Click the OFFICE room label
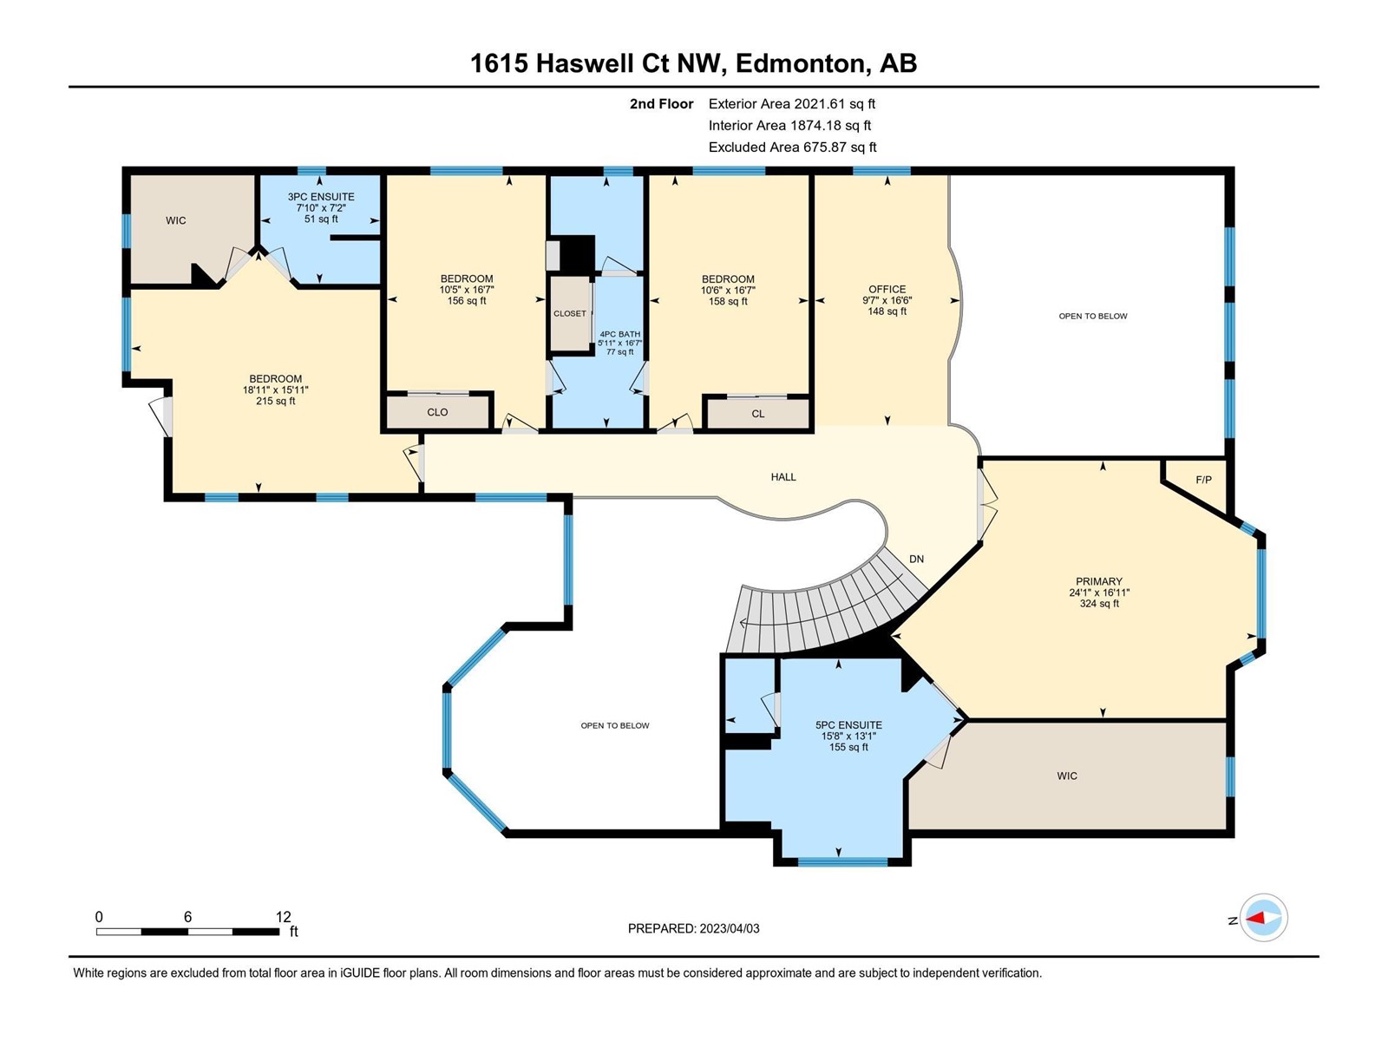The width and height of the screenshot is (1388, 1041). tap(887, 289)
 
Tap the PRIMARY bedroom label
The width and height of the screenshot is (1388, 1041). tap(1099, 581)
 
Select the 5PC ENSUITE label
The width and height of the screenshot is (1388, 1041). tap(848, 725)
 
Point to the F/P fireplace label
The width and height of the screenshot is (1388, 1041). tap(1203, 480)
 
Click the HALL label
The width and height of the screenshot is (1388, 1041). tap(782, 477)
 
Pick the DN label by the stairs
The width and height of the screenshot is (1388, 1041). tap(916, 559)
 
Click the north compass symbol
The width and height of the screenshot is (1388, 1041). tap(1263, 917)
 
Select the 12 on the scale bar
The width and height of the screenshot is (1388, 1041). tap(283, 916)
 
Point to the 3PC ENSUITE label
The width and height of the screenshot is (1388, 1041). tap(321, 197)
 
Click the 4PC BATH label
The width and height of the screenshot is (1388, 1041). tap(619, 334)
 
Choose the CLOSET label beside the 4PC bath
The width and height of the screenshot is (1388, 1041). tap(570, 313)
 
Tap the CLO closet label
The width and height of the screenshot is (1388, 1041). tap(437, 412)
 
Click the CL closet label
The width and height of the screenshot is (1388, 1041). tap(757, 414)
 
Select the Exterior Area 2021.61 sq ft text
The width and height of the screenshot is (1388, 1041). tap(792, 103)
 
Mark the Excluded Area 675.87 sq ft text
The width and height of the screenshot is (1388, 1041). tap(792, 147)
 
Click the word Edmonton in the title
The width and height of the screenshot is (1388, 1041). tap(799, 63)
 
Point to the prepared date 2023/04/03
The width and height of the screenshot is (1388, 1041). tap(729, 928)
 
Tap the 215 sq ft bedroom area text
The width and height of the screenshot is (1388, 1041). tap(275, 401)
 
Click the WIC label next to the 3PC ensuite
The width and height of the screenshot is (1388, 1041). tap(176, 220)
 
